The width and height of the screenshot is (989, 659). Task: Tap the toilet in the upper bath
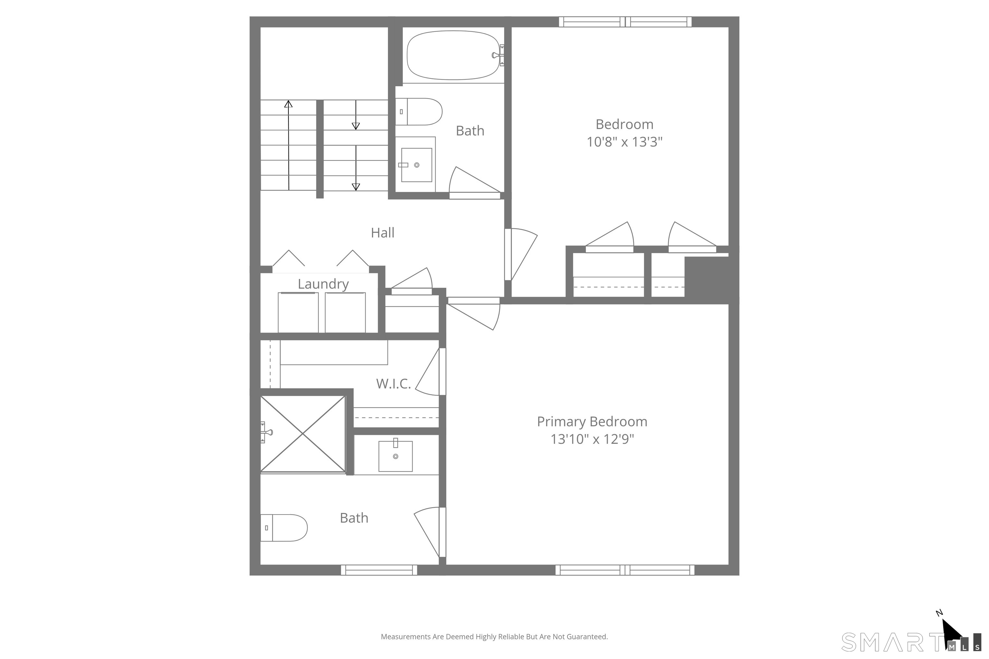[x=419, y=112]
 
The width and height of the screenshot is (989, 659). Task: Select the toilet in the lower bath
[x=284, y=528]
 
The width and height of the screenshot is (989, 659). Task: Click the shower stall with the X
[x=303, y=433]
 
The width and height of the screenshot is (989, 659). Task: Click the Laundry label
[x=323, y=284]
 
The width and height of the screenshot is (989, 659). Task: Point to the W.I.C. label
[x=393, y=383]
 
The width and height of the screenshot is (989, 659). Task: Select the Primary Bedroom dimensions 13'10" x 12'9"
[x=592, y=439]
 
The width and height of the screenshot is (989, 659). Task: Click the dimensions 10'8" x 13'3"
[x=625, y=142]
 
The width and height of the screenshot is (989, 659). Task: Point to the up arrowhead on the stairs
[x=288, y=104]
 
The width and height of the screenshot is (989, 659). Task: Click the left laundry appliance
[x=298, y=312]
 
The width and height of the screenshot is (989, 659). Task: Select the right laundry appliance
[x=345, y=312]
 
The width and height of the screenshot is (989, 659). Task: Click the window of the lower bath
[x=379, y=570]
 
